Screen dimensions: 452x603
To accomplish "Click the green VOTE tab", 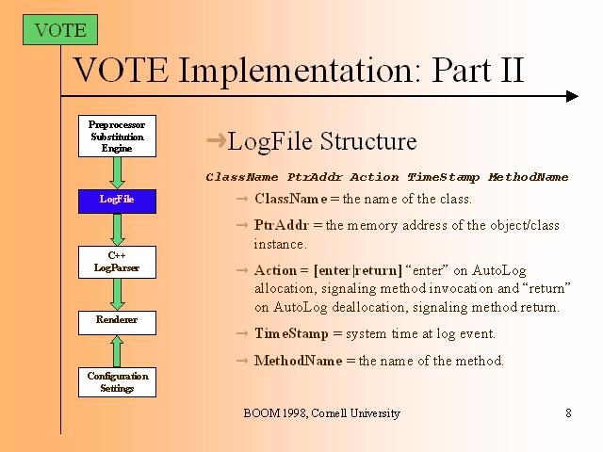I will [x=59, y=30].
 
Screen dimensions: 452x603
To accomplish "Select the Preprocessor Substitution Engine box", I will [x=117, y=136].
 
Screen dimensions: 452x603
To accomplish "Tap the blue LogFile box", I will [x=117, y=199].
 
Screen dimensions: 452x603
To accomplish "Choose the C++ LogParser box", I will [x=117, y=262].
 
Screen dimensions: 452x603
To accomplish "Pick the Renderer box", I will [x=117, y=320].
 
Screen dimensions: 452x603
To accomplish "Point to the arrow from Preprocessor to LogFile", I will [x=117, y=171].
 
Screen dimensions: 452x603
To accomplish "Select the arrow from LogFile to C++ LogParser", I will [x=117, y=230].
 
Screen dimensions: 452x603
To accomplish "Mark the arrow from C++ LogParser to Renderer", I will [x=117, y=293].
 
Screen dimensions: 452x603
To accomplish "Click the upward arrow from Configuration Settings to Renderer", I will [x=117, y=349].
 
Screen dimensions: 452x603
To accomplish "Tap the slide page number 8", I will [x=568, y=412].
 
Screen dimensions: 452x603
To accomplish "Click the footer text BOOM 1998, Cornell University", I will [x=321, y=412].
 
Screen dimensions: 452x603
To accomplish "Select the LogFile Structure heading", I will [x=322, y=142].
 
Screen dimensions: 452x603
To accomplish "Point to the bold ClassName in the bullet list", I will [x=290, y=199].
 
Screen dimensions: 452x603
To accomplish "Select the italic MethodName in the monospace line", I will [x=529, y=177].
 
